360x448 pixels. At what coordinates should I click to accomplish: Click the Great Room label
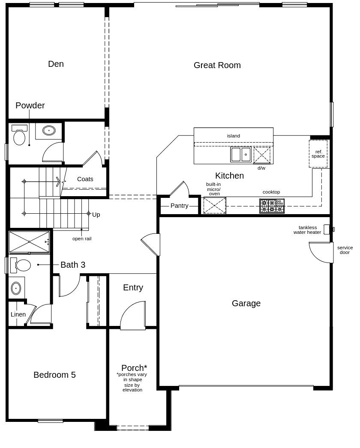click(217, 65)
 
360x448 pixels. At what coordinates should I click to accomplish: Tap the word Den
click(56, 64)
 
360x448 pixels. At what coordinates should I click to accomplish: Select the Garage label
click(246, 303)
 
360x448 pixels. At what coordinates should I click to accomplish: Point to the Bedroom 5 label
click(54, 375)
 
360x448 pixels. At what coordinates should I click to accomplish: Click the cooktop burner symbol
click(272, 206)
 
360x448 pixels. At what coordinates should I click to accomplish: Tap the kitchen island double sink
click(241, 154)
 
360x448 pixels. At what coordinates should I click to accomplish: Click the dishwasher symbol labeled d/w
click(262, 155)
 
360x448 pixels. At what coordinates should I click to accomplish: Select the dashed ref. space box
click(318, 154)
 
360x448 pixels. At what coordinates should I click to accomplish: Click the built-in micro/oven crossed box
click(215, 206)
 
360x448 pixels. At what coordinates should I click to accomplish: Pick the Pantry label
click(179, 206)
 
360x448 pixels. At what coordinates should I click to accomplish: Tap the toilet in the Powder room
click(19, 135)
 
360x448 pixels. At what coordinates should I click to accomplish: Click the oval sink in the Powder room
click(49, 131)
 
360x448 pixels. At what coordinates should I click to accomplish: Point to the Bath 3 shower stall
click(29, 242)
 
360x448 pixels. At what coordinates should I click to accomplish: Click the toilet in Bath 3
click(21, 265)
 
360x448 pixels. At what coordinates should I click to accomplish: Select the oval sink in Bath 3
click(16, 288)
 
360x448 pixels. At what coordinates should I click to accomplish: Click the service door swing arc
click(318, 255)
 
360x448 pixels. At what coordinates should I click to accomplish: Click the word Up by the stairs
click(96, 215)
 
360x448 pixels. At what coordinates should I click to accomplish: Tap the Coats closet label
click(85, 179)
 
